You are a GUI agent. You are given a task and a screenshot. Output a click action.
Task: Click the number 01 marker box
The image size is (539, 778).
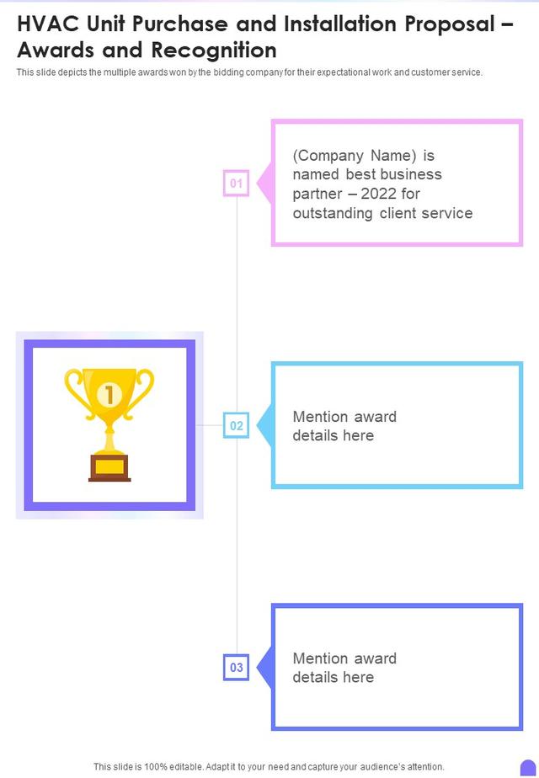237,183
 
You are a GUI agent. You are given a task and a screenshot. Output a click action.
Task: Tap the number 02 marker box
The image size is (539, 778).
237,425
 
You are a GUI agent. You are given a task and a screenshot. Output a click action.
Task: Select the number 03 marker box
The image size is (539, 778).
237,668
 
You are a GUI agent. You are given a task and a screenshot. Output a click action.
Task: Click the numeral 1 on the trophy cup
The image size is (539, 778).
109,395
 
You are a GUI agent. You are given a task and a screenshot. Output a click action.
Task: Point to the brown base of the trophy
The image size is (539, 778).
109,468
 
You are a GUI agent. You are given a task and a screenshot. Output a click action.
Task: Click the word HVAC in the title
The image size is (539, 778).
48,24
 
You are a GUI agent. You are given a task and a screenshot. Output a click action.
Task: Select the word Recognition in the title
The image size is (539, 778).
214,51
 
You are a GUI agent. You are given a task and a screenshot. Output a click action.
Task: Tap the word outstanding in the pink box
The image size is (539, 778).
333,213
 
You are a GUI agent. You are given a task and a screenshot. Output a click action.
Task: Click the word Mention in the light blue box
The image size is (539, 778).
320,416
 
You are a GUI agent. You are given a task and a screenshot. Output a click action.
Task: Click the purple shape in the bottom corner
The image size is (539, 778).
528,768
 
